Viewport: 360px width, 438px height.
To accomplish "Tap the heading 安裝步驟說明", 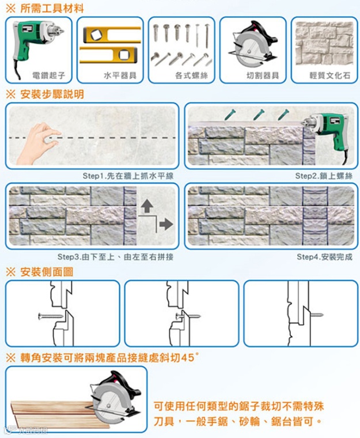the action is tap(52, 94).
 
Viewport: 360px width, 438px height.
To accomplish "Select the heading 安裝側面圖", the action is tap(47, 272).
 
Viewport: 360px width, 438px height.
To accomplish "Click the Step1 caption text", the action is tap(128, 176).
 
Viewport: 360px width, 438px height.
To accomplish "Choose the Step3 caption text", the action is tap(115, 257).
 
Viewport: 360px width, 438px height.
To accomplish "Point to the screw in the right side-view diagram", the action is tap(315, 315).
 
